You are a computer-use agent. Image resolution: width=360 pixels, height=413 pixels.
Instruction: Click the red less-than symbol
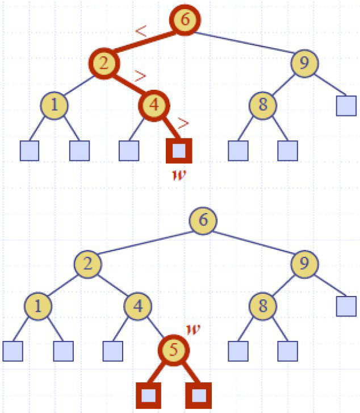pyautogui.click(x=140, y=32)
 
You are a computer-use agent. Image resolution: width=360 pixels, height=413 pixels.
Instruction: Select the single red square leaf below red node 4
pyautogui.click(x=179, y=150)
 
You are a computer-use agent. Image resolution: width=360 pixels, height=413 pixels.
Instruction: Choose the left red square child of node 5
pyautogui.click(x=149, y=394)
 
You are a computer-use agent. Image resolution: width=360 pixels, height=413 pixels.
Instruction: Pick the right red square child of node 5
pyautogui.click(x=199, y=394)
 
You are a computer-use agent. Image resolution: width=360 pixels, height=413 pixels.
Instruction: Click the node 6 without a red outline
pyautogui.click(x=203, y=220)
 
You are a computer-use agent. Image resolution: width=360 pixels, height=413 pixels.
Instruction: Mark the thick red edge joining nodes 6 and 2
pyautogui.click(x=143, y=41)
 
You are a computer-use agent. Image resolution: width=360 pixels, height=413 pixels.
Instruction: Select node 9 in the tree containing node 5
pyautogui.click(x=304, y=263)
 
